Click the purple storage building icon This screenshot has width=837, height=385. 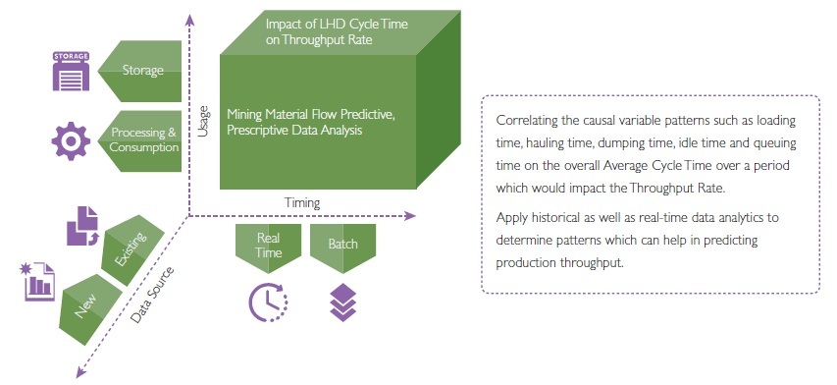pos(71,71)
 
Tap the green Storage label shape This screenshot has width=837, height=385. pos(140,71)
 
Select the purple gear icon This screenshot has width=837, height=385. pos(71,141)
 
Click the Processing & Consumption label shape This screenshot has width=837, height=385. pos(140,141)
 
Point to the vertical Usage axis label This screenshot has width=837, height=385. pos(202,122)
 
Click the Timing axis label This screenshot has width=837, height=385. pos(302,203)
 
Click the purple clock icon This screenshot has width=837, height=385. pos(269,302)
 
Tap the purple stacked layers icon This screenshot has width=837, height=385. pos(342,302)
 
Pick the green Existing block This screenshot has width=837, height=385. pos(132,249)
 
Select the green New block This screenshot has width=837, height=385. pos(90,309)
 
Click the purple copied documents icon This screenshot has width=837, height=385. pos(82,226)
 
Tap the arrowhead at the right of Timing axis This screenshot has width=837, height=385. pos(410,216)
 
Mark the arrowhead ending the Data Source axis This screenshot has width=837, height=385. pos(80,372)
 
